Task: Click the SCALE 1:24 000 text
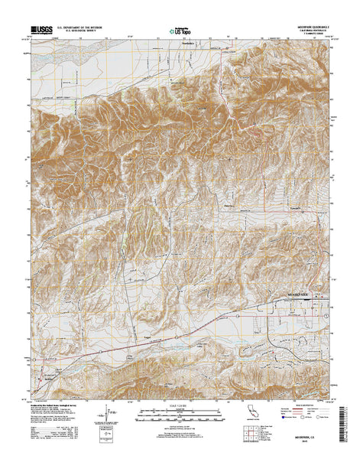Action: coord(180,405)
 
